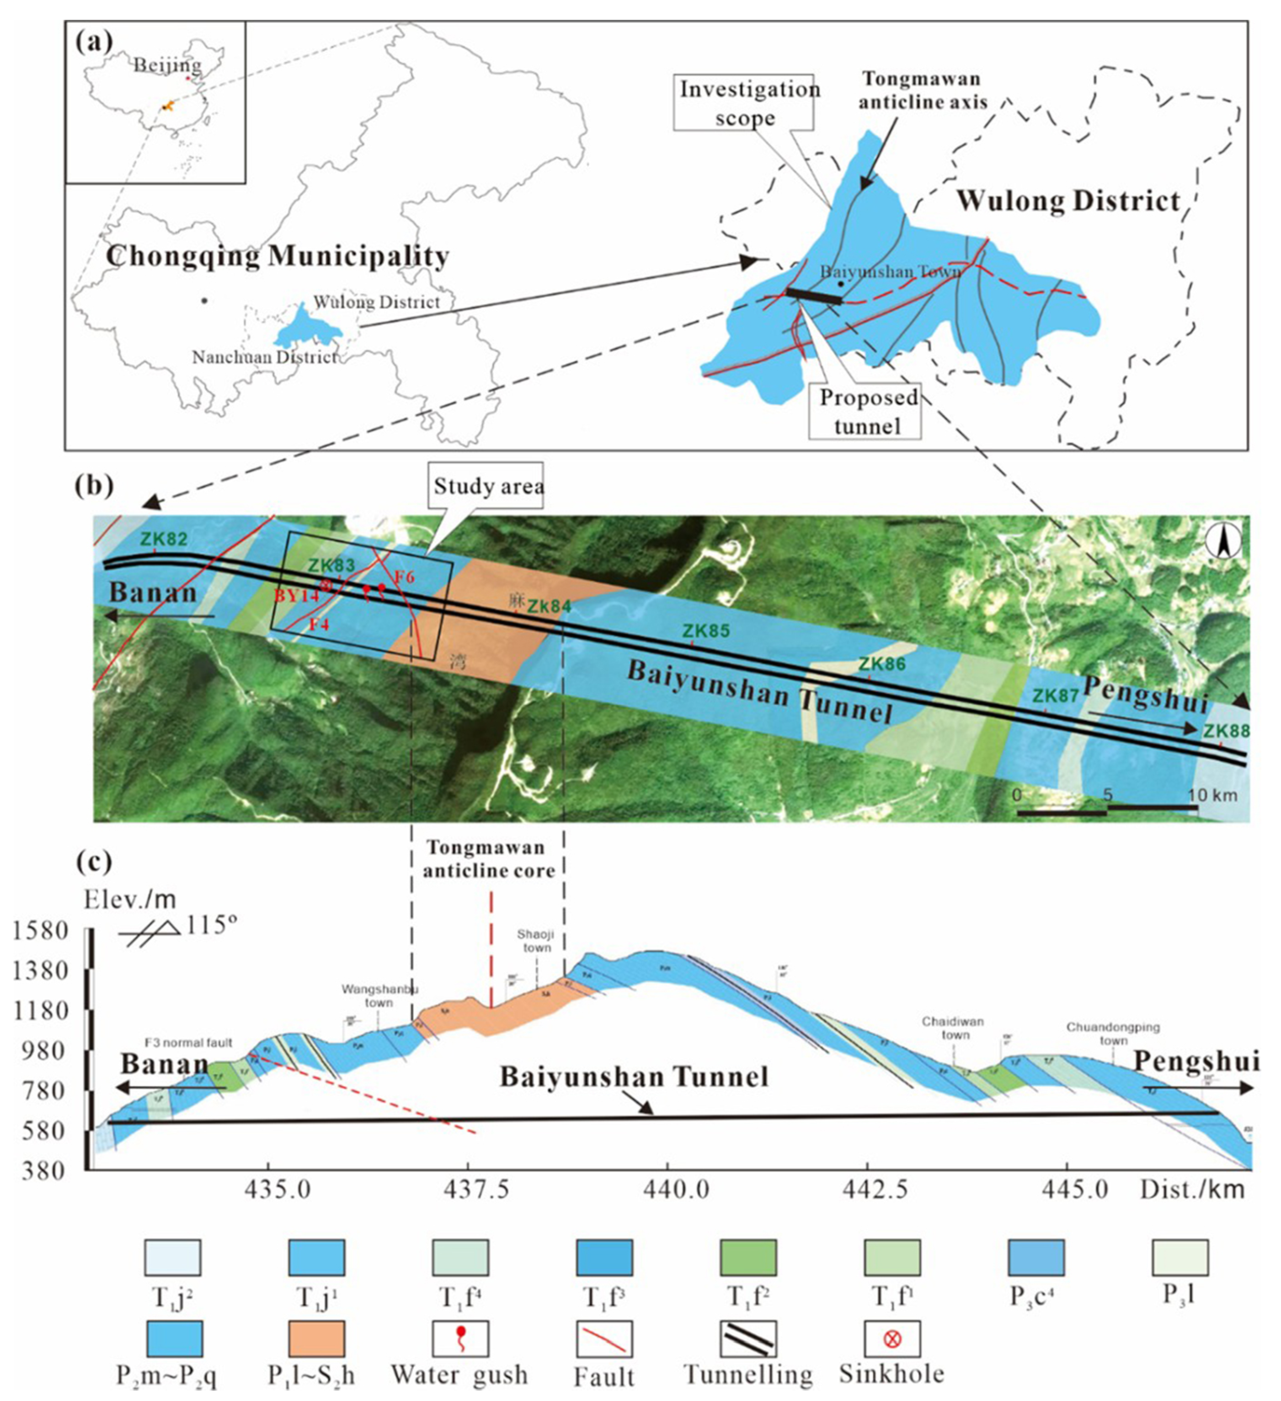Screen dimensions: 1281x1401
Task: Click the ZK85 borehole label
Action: (x=706, y=631)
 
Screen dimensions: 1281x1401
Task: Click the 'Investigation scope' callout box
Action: (x=745, y=103)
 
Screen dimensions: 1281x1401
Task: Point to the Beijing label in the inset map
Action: (x=167, y=65)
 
